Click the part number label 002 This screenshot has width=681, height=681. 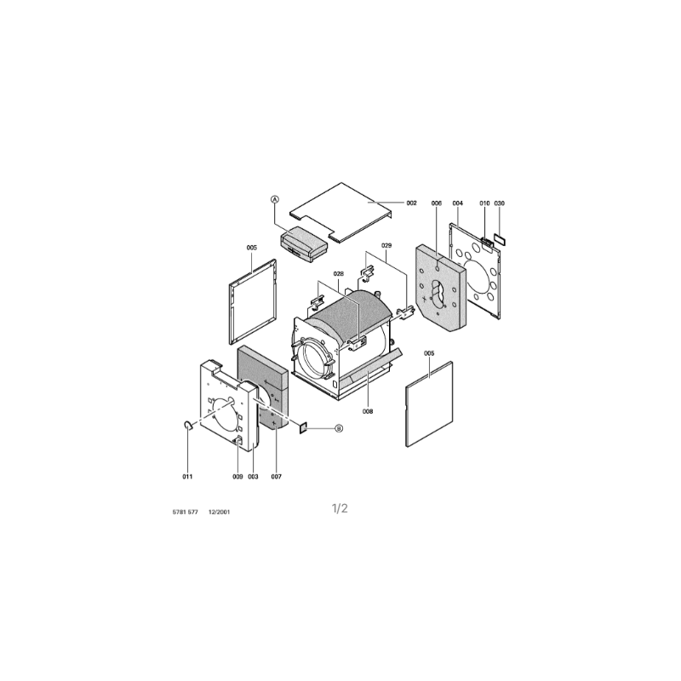click(x=411, y=203)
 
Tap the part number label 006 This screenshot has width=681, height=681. click(x=437, y=203)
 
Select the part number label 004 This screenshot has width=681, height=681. click(x=458, y=203)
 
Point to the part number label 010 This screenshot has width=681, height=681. click(x=484, y=203)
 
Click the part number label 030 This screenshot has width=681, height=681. click(x=500, y=203)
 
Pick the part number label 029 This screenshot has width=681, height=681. click(x=386, y=245)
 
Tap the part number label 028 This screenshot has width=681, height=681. click(x=338, y=273)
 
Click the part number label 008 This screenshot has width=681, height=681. click(x=368, y=411)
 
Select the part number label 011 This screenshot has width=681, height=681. click(x=187, y=477)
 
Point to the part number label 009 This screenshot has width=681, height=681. click(x=237, y=477)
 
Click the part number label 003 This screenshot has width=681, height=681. click(x=253, y=477)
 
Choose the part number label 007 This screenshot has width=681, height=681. click(x=277, y=477)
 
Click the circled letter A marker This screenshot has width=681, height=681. click(x=274, y=199)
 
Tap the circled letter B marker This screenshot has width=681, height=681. click(x=339, y=429)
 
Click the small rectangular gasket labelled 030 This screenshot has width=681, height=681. click(x=500, y=239)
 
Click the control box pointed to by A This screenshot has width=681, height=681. click(x=304, y=244)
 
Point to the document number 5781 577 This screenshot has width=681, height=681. click(x=186, y=512)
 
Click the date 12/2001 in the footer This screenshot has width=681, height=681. click(x=220, y=512)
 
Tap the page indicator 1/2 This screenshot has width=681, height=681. click(x=340, y=508)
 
